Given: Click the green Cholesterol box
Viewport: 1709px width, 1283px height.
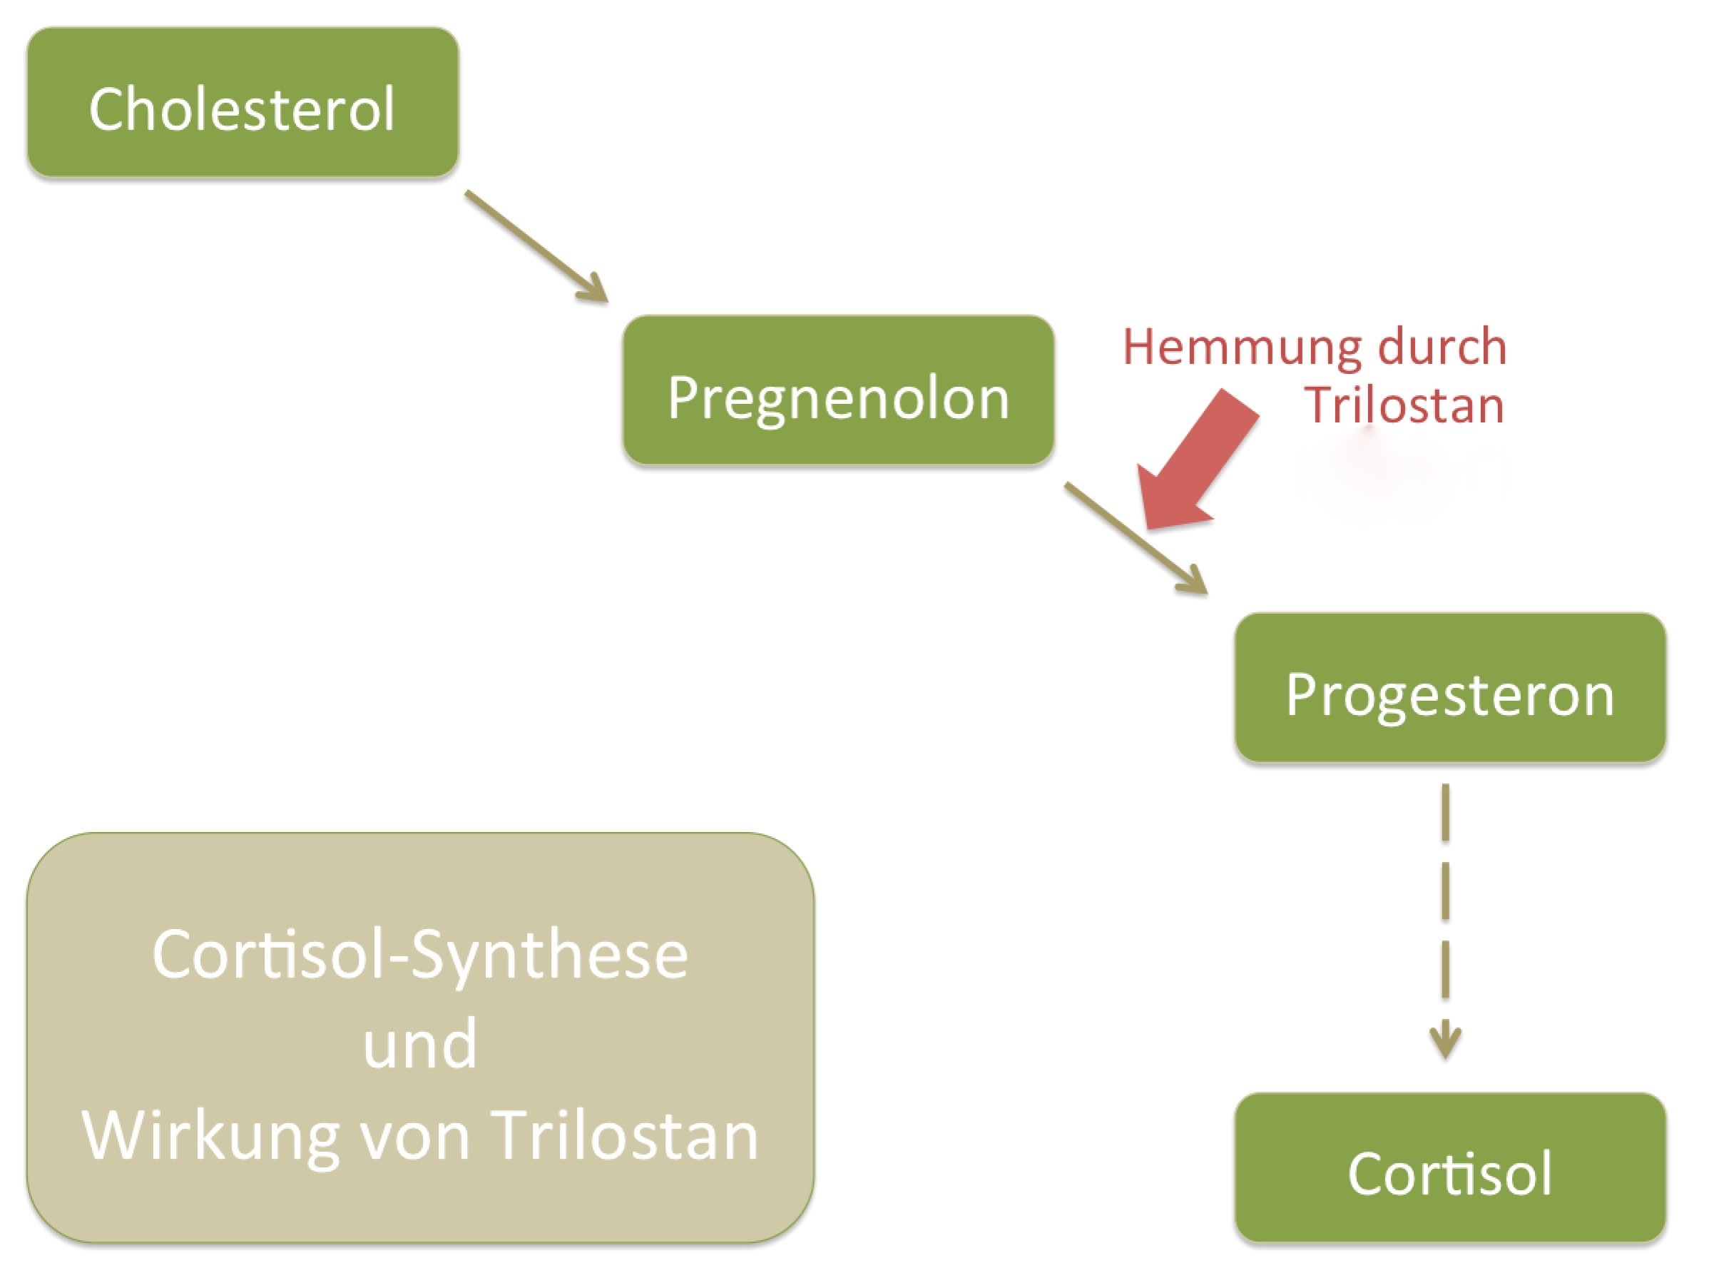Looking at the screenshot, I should pyautogui.click(x=243, y=102).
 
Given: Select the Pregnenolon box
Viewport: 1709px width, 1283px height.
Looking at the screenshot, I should pyautogui.click(x=838, y=390).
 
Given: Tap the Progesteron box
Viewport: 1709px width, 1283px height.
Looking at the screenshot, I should pyautogui.click(x=1449, y=687).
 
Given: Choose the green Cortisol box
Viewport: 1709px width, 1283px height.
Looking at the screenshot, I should pyautogui.click(x=1449, y=1167).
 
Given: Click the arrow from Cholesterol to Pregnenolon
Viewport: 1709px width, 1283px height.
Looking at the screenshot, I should pyautogui.click(x=536, y=245).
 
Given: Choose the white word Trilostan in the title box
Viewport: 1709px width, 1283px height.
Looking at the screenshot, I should pyautogui.click(x=626, y=1135).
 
